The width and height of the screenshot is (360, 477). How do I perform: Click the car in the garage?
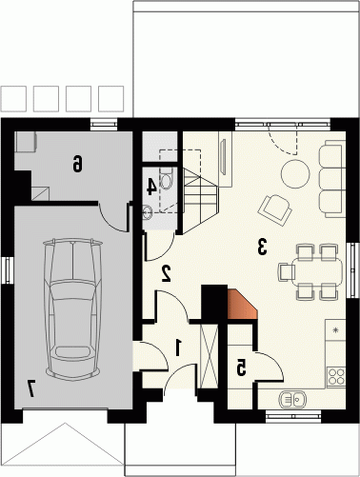[x=73, y=308]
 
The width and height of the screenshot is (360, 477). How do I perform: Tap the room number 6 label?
[x=77, y=163]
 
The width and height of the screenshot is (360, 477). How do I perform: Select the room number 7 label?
[x=31, y=388]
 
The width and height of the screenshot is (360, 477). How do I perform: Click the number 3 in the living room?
[x=262, y=247]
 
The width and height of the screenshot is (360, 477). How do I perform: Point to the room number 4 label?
[x=151, y=187]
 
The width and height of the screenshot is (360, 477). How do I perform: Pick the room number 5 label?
[x=241, y=368]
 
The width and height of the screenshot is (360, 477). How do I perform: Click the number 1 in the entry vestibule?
[x=178, y=348]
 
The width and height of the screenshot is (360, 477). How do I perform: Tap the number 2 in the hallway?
[x=167, y=273]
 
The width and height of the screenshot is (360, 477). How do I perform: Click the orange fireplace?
[x=242, y=305]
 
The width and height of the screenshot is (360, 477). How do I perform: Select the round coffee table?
[x=295, y=174]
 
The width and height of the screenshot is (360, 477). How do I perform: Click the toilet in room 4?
[x=166, y=179]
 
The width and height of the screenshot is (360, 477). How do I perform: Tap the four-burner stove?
[x=336, y=376]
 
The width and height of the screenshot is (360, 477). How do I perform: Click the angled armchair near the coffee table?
[x=275, y=209]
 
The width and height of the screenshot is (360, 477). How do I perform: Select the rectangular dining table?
[x=317, y=272]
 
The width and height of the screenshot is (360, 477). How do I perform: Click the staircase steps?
[x=200, y=201]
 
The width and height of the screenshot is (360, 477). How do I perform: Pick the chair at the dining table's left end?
[x=287, y=272]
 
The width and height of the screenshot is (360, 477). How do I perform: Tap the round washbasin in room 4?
[x=148, y=212]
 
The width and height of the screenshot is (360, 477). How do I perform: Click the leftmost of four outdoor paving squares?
[x=13, y=99]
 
